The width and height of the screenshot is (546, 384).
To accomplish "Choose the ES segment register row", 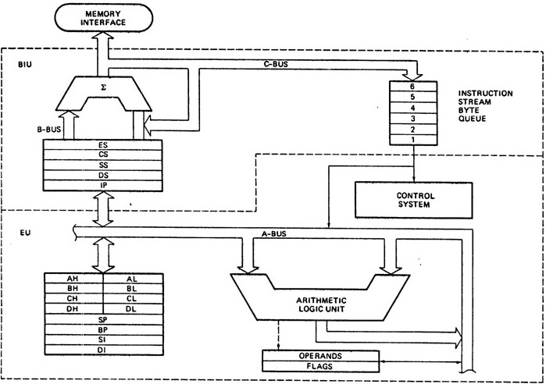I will [103, 145].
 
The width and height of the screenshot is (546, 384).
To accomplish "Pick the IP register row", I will [103, 186].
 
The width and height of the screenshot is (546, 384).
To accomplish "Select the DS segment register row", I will [103, 176].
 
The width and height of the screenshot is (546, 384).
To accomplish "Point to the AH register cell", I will [74, 277].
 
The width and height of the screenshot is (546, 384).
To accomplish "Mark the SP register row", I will [103, 320].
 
